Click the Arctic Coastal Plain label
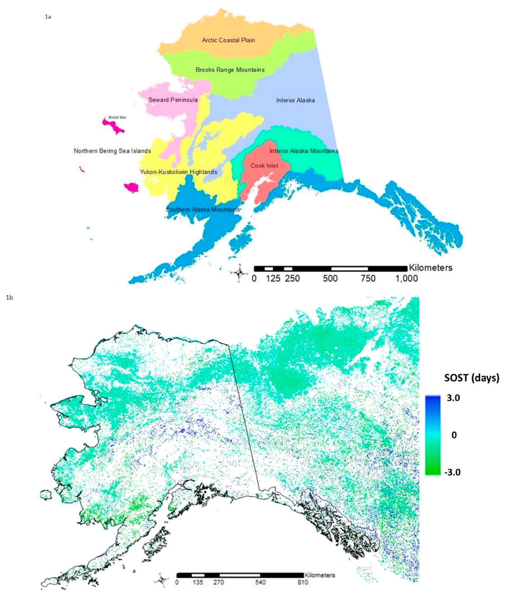click(228, 40)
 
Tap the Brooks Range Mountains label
click(230, 70)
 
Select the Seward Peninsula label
click(173, 100)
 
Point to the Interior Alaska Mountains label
click(304, 151)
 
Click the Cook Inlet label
click(264, 166)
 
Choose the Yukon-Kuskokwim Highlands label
click(179, 172)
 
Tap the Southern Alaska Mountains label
click(203, 210)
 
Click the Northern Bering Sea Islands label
click(112, 151)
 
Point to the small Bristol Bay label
click(117, 117)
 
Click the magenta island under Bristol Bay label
click(113, 127)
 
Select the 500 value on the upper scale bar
click(330, 278)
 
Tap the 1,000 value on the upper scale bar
click(406, 278)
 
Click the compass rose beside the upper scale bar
click(239, 273)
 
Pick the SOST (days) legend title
click(472, 378)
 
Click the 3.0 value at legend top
click(453, 398)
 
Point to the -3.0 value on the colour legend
click(452, 472)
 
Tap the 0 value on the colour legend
click(454, 435)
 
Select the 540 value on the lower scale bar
click(260, 582)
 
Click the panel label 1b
click(10, 297)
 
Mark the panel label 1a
click(48, 17)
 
